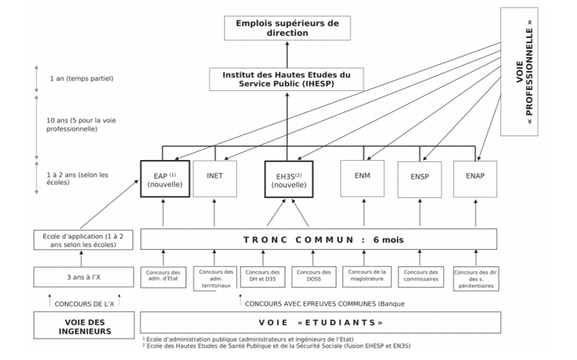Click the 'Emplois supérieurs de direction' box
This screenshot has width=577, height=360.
point(287,28)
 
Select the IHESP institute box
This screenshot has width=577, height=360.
point(286,79)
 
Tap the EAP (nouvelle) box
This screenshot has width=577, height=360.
point(165,179)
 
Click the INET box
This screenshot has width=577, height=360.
point(215,178)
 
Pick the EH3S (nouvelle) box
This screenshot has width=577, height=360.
point(289,179)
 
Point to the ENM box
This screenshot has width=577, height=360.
point(362,178)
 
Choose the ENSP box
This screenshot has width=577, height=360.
point(420,180)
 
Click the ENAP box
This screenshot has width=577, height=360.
point(475,179)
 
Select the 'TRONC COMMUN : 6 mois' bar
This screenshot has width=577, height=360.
point(319,240)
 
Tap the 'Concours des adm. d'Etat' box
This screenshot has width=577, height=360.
point(163,277)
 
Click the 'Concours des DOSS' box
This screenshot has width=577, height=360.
point(313,277)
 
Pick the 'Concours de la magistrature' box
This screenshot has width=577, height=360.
point(367,277)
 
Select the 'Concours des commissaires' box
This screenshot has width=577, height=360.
point(421,277)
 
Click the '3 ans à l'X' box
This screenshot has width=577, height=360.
point(83,277)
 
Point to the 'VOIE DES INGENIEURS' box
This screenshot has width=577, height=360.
point(84,326)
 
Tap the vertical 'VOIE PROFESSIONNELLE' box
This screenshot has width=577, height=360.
point(519,71)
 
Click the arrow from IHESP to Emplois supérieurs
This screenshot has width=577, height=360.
point(287,55)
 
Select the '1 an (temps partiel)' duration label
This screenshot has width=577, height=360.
point(81,79)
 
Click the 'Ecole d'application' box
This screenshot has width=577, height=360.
point(83,240)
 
